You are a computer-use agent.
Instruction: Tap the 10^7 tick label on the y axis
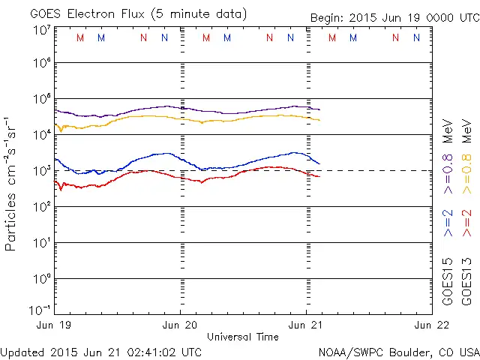pos(41,31)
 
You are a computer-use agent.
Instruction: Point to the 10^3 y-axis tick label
pos(41,172)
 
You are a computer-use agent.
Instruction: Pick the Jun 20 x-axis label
pos(181,325)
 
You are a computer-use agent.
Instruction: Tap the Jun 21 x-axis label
pos(307,325)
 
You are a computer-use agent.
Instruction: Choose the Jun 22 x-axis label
pos(433,325)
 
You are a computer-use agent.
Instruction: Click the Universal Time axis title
pos(242,337)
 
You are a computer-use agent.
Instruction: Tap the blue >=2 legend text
pos(448,223)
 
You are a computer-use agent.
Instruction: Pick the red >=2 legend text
pos(466,223)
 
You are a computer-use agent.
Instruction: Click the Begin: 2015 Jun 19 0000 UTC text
pos(394,17)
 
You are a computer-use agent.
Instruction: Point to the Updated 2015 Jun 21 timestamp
pos(101,352)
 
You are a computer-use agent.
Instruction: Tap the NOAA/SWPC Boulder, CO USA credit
pos(398,352)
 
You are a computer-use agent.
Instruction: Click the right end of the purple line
pos(319,110)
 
